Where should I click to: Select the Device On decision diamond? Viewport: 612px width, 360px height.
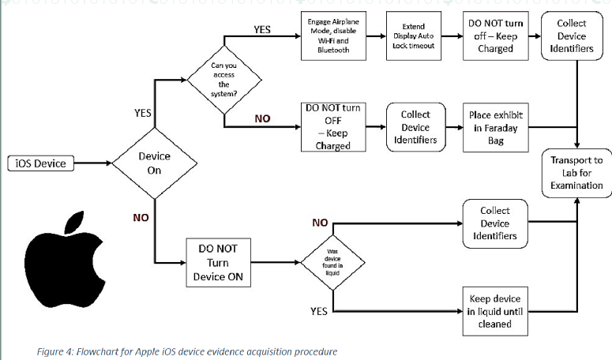[x=154, y=164]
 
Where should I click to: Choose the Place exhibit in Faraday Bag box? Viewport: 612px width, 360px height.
[x=496, y=126]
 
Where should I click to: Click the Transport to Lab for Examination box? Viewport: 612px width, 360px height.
[x=576, y=173]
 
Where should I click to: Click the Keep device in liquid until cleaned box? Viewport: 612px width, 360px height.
[x=495, y=312]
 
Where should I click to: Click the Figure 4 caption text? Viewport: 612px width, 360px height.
[x=186, y=351]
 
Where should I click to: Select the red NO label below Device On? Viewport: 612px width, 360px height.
[x=141, y=217]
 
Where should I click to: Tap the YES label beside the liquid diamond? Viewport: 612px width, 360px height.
[x=318, y=312]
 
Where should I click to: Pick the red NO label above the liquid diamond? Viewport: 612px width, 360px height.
[x=320, y=223]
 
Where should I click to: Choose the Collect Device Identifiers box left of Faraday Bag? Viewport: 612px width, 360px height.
[x=415, y=126]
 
